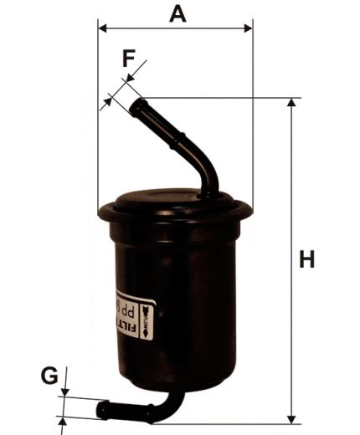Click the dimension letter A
pyautogui.click(x=177, y=13)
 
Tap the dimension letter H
pyautogui.click(x=307, y=260)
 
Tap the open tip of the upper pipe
pyautogui.click(x=136, y=105)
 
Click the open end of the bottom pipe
pyautogui.click(x=102, y=410)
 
